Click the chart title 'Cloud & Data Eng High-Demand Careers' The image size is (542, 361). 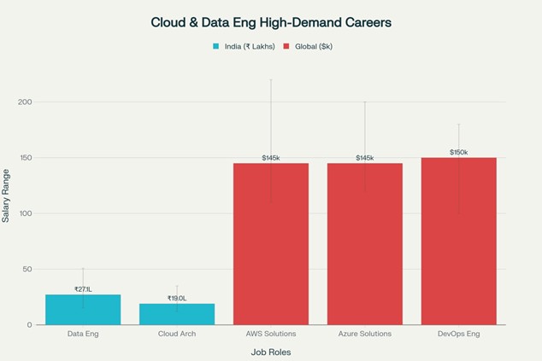coord(271,21)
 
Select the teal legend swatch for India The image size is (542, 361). coord(216,46)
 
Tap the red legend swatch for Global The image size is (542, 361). coord(287,46)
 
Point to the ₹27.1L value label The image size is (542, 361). coord(83,289)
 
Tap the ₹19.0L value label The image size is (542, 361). coord(177,298)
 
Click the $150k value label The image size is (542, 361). coord(458,153)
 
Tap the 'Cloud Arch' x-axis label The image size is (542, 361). coord(177,334)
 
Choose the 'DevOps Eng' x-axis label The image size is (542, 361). coord(458,334)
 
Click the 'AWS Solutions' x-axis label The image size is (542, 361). coord(271,334)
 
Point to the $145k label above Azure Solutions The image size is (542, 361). coord(365,158)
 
